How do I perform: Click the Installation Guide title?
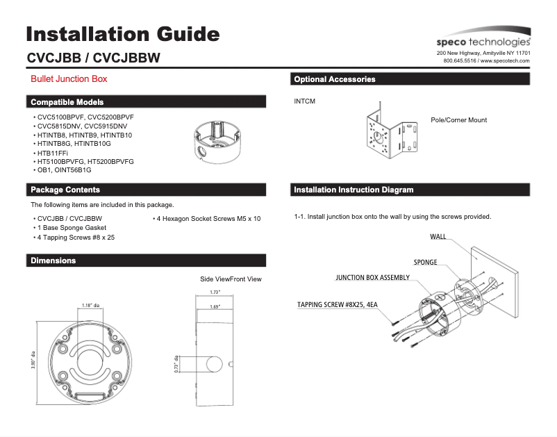[x=123, y=34]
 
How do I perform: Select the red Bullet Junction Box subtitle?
[x=69, y=79]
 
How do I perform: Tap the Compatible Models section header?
[x=67, y=102]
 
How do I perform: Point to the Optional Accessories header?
[x=335, y=79]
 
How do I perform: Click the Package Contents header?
[x=65, y=190]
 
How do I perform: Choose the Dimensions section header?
[x=53, y=261]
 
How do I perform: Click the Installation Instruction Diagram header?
[x=354, y=190]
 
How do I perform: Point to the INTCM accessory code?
[x=305, y=102]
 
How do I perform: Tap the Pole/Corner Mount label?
[x=458, y=120]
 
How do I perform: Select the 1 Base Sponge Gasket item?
[x=72, y=228]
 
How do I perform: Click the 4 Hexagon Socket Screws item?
[x=208, y=219]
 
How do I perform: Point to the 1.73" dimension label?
[x=215, y=292]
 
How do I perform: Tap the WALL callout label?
[x=438, y=237]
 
